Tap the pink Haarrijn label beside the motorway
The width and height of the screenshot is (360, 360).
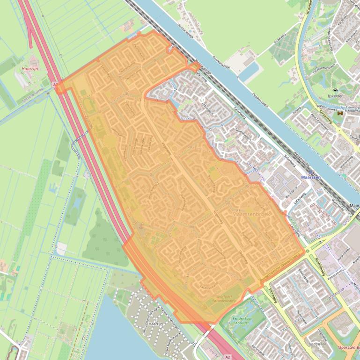tap(30, 69)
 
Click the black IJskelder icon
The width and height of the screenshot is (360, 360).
tap(335, 91)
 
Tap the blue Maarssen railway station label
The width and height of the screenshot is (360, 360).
tap(310, 179)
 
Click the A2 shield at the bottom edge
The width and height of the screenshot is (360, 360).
tap(228, 357)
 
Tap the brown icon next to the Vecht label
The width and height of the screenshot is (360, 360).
tap(340, 113)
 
